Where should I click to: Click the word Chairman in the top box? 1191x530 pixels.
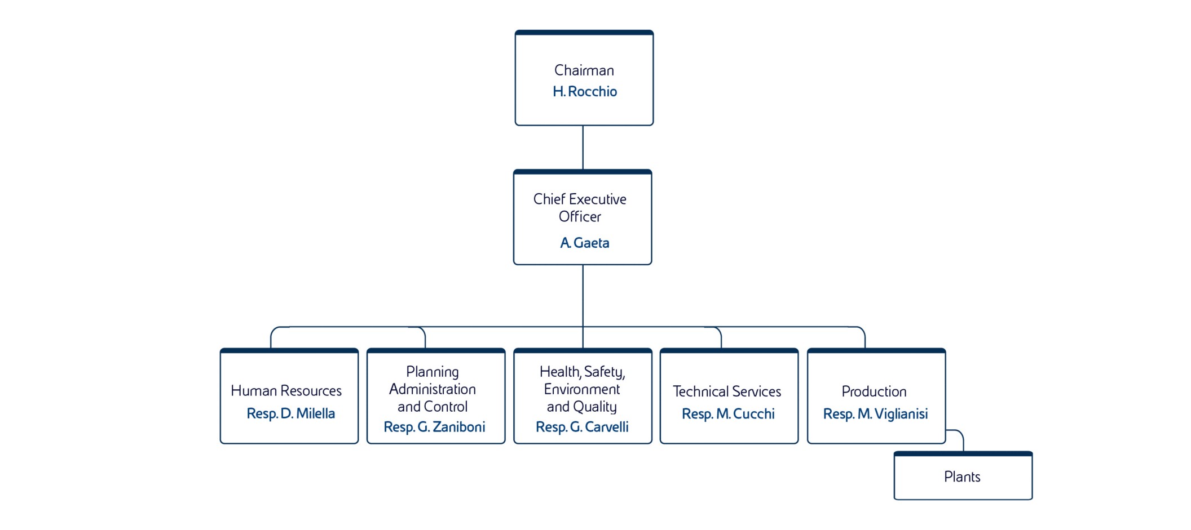tap(584, 70)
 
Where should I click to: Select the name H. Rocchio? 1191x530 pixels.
tap(584, 91)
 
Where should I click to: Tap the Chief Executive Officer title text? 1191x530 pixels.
tap(580, 208)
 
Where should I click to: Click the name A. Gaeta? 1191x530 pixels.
tap(584, 243)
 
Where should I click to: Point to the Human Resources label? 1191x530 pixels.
tap(286, 391)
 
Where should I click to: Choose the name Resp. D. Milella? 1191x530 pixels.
tap(290, 413)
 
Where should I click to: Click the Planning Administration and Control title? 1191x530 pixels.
tap(433, 389)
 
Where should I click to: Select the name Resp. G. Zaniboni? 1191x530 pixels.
tap(434, 427)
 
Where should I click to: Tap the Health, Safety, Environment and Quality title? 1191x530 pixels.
tap(582, 389)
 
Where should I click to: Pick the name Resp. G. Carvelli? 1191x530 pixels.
tap(582, 427)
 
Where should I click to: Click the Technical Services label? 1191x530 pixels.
tap(727, 391)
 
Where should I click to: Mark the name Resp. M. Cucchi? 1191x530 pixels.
tap(728, 414)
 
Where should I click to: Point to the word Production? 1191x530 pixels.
tap(874, 391)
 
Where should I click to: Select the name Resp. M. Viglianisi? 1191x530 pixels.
tap(875, 414)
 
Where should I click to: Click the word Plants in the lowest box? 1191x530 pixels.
tap(962, 477)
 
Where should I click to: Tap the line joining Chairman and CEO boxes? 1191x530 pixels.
tap(583, 148)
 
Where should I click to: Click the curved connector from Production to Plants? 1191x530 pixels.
tap(960, 434)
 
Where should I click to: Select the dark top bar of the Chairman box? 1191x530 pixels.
tap(584, 33)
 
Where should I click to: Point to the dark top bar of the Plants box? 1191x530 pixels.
tap(963, 453)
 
